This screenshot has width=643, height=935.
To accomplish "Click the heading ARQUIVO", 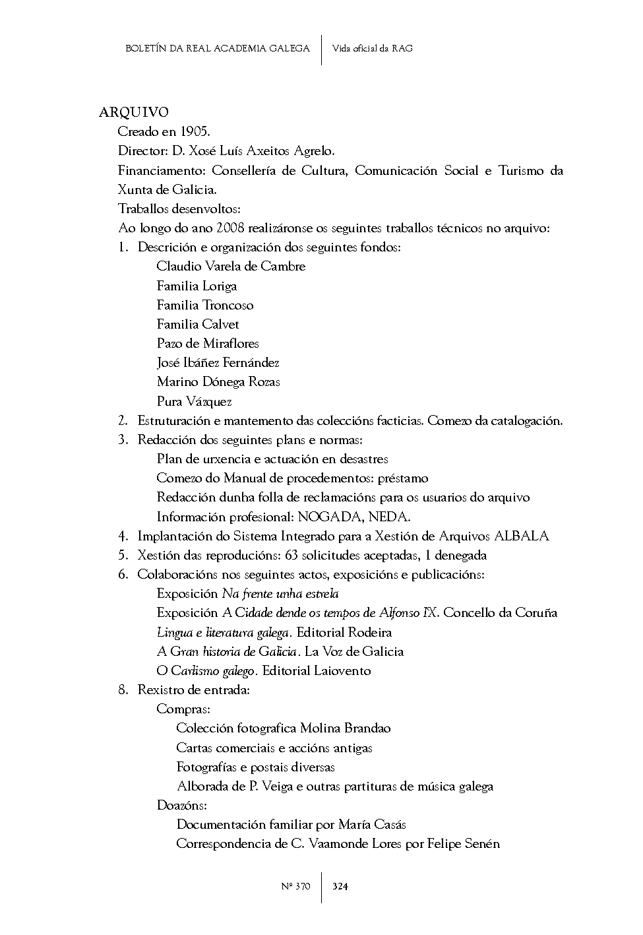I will coord(134,112).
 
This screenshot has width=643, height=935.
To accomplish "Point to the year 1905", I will coord(195,132).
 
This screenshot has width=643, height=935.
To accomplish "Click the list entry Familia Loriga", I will coord(197,286).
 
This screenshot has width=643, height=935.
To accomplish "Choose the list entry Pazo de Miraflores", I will coord(208,343).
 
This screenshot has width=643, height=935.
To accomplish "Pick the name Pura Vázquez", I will coord(194,401).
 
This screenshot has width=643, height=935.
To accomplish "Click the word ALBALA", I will coord(522,536).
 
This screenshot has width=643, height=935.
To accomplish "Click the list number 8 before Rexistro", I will coord(123,690).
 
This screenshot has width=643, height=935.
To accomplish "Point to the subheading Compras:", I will coord(183,709).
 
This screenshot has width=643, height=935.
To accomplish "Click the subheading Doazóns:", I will coord(182,805).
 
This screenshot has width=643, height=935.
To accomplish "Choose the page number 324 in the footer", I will coord(340,886).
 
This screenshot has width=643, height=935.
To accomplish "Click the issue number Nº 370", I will coord(295,886).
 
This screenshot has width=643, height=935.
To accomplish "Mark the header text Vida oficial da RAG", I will coord(373,48).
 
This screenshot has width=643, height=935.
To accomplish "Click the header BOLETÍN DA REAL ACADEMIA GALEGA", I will coord(217,48).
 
